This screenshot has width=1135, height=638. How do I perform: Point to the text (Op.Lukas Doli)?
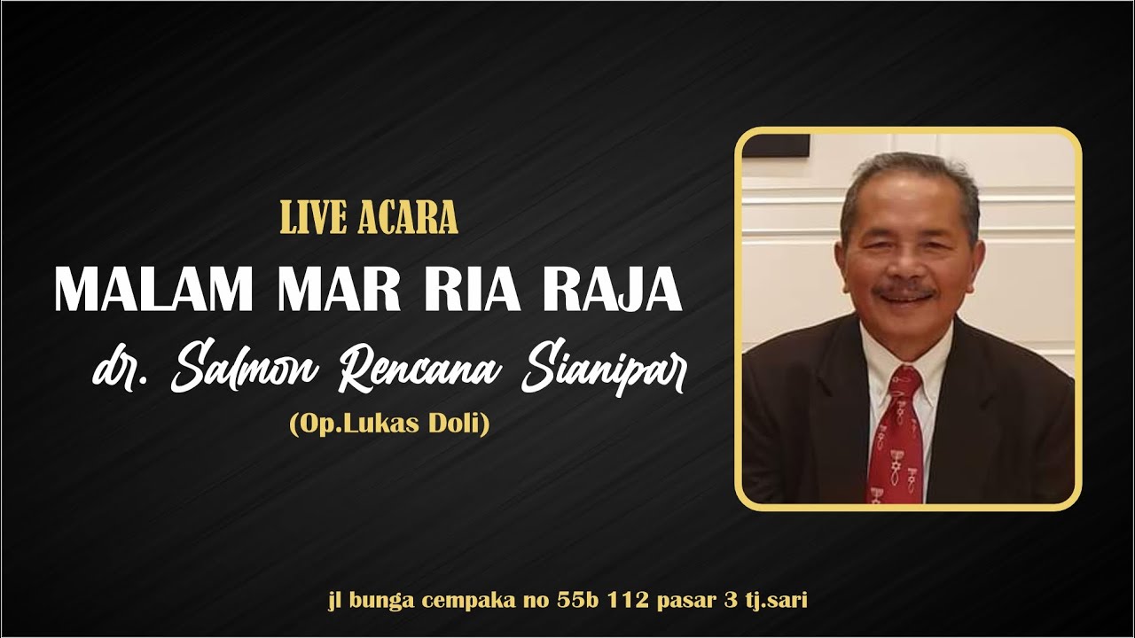pyautogui.click(x=389, y=424)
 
